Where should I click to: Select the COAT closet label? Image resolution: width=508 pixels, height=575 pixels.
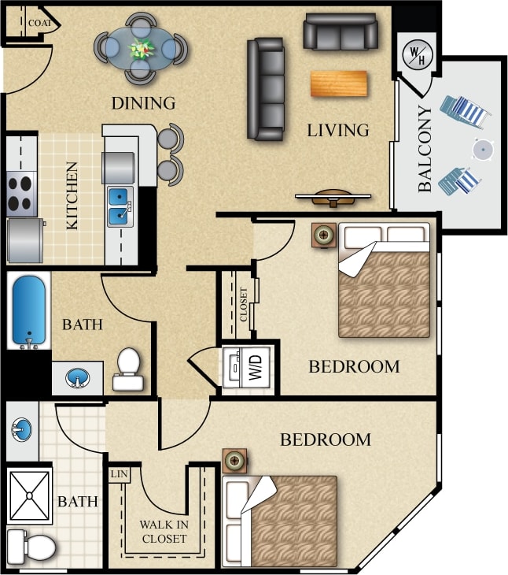pos(39,24)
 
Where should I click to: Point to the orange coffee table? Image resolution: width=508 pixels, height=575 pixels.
pos(339,83)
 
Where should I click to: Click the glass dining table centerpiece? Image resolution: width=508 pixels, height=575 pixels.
pos(142,49)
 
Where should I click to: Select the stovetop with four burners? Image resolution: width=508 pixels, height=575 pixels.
pos(21,193)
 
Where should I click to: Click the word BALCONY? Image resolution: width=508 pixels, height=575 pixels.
pos(425,149)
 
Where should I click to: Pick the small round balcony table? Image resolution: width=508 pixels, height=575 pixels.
pos(481,149)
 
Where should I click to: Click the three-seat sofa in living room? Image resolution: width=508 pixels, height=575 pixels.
pos(266,89)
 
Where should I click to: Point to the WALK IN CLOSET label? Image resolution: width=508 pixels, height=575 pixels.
pos(164,532)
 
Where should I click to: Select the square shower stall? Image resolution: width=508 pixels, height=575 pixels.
pos(29,495)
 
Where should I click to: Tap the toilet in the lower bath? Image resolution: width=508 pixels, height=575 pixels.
pos(31,545)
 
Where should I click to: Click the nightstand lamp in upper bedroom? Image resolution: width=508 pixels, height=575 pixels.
pos(322,235)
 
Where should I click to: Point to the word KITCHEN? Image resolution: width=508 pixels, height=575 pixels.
pos(72,196)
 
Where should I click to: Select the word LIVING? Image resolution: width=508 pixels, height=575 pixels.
pos(338,130)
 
